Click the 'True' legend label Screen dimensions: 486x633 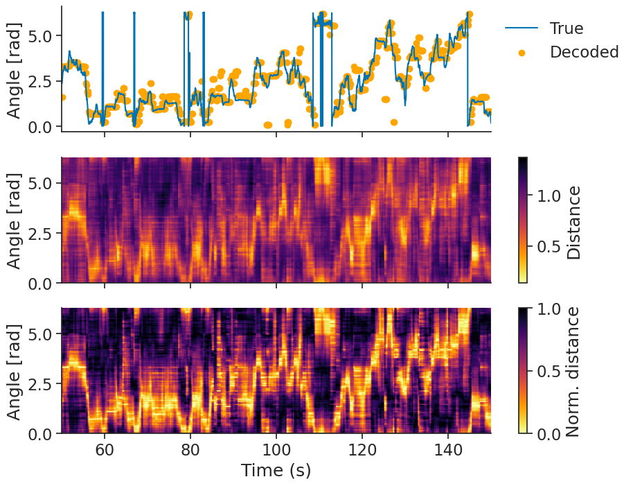566,28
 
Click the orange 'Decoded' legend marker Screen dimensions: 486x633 521,52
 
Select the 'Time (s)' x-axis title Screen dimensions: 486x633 276,470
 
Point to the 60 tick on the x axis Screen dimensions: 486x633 105,449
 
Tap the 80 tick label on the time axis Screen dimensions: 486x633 190,449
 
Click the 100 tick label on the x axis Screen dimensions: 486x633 276,449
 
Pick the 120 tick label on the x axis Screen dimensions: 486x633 362,449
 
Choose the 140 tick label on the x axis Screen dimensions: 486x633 448,449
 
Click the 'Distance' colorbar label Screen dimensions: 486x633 573,222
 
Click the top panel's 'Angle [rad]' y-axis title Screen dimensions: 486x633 14,69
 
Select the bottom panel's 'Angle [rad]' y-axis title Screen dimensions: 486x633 14,371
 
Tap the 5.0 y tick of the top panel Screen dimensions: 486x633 41,35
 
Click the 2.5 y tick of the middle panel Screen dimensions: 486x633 41,233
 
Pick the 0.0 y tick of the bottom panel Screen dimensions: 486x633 41,433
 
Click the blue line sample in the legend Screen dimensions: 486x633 521,28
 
